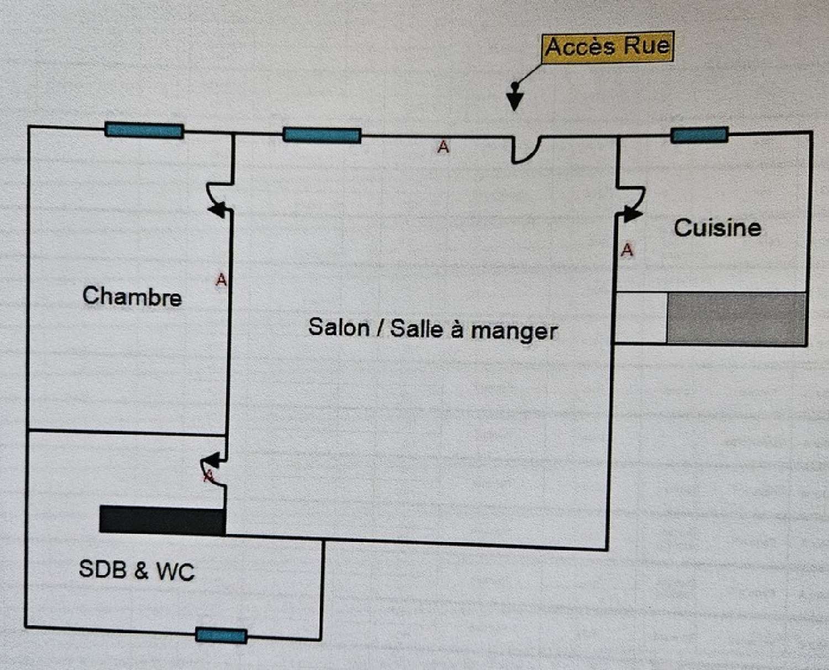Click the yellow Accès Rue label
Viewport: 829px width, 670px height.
tap(608, 46)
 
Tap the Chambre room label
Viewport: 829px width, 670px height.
tap(132, 296)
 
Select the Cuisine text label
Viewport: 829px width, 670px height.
tap(717, 228)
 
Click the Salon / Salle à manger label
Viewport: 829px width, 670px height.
tap(433, 329)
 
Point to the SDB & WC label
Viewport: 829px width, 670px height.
tap(137, 570)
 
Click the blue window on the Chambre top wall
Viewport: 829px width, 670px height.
tap(144, 130)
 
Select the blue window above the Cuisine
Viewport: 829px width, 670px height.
tap(699, 135)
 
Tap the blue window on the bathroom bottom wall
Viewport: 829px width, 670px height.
tap(221, 636)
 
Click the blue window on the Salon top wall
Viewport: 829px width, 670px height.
tap(322, 135)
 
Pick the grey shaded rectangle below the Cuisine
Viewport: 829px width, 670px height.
tap(736, 319)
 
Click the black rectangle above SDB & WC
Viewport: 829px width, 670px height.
tap(162, 520)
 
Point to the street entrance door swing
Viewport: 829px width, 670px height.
tap(526, 150)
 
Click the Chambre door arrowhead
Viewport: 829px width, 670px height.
tap(218, 210)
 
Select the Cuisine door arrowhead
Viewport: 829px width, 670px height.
tap(631, 213)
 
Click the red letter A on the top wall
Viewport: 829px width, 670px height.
tap(443, 147)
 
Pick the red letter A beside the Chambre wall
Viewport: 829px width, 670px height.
tap(221, 280)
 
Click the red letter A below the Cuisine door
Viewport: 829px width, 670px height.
tap(627, 250)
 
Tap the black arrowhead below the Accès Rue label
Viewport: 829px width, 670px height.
tap(515, 102)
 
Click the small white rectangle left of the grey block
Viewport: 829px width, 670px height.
tap(641, 318)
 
